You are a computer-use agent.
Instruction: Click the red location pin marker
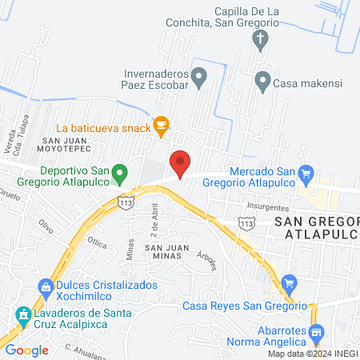coord(181,164)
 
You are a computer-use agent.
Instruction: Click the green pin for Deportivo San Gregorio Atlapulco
coord(120,172)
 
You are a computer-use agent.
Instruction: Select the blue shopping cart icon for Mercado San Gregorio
coord(305,172)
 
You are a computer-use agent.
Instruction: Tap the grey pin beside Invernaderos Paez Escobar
coord(200,75)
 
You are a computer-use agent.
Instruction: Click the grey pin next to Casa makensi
coord(262,80)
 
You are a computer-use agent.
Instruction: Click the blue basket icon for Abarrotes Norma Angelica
coord(316,331)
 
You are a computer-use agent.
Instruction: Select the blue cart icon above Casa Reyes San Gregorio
coord(289,282)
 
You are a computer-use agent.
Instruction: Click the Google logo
coord(26,350)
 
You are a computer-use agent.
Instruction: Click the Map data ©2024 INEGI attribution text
coord(311,353)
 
